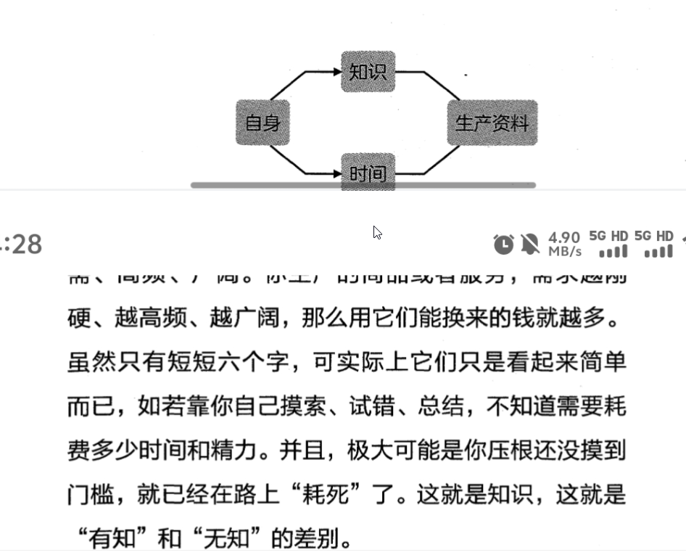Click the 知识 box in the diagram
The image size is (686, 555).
tap(368, 72)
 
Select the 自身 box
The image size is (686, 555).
tap(263, 123)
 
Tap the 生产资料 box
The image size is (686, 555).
tap(492, 123)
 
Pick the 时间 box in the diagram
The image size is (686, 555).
tap(368, 173)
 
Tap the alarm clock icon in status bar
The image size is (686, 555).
tap(503, 244)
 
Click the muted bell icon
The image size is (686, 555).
tap(530, 244)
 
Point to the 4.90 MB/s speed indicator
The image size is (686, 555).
tap(564, 244)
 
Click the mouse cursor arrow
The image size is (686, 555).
tap(377, 232)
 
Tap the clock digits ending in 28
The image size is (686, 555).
tap(22, 244)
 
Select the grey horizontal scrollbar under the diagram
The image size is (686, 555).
tap(363, 185)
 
